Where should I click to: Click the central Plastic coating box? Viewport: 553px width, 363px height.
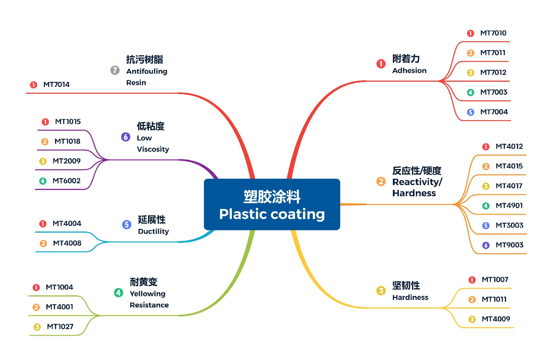272,204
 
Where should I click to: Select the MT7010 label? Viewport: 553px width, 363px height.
493,33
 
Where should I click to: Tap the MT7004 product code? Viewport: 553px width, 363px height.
494,112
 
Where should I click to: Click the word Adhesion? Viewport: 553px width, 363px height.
409,71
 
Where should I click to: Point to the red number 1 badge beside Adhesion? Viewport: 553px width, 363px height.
381,64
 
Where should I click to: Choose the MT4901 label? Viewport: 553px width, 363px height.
509,206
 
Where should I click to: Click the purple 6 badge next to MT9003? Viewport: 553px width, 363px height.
486,245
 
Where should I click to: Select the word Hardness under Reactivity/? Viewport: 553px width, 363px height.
414,193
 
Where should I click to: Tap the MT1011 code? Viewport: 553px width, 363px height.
494,299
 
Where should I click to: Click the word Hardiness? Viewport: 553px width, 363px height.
410,297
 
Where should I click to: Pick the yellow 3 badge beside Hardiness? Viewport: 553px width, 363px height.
381,290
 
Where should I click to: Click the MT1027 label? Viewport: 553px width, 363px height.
60,327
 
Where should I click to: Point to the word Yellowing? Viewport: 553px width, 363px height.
147,294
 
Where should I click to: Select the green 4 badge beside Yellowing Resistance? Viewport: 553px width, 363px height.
118,293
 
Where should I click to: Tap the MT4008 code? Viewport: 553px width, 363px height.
67,243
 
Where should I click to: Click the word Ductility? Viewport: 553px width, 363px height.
153,231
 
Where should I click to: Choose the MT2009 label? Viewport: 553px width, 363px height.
66,161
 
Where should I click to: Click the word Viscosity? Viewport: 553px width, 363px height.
153,149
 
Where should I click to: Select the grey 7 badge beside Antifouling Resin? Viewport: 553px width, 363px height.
115,70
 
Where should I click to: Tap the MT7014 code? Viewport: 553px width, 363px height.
56,85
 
